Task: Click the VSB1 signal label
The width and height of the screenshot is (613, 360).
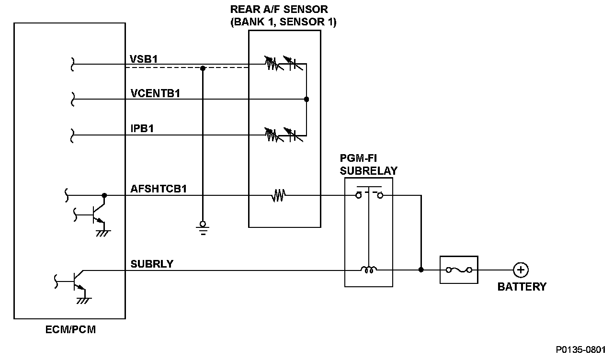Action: (x=144, y=59)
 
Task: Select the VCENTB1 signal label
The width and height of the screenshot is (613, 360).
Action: (x=155, y=93)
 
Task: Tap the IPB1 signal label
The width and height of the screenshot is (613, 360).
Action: (x=142, y=129)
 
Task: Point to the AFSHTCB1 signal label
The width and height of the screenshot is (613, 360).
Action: (x=159, y=189)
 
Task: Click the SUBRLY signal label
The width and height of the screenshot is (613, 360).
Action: (x=152, y=264)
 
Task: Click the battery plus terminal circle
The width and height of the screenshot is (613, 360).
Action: (x=520, y=270)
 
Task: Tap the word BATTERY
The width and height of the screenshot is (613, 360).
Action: (x=522, y=287)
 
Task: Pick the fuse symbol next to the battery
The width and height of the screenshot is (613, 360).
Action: (x=459, y=270)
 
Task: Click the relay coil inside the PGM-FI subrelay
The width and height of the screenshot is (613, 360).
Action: (x=369, y=270)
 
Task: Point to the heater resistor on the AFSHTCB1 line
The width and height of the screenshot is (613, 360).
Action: (x=278, y=195)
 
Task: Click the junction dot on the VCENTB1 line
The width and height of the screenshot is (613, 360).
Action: (x=306, y=100)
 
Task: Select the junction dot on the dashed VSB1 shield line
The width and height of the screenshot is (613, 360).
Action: (x=203, y=68)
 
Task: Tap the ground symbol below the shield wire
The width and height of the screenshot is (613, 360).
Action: (x=203, y=228)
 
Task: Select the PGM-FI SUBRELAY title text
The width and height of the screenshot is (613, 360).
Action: (x=368, y=164)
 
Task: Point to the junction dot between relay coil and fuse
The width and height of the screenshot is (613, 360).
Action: (x=421, y=270)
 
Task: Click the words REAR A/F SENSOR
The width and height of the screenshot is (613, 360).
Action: (x=279, y=9)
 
